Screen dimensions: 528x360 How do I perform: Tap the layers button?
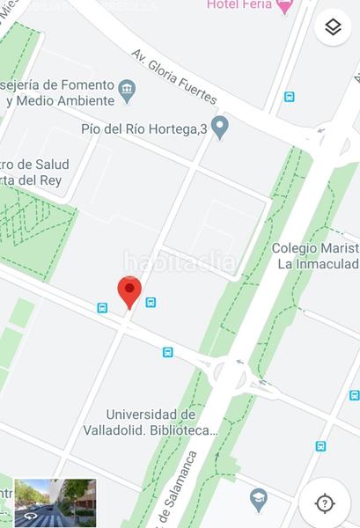click(x=332, y=27)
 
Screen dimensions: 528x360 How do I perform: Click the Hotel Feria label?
click(x=238, y=5)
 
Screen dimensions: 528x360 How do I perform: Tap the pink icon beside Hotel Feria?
click(x=283, y=6)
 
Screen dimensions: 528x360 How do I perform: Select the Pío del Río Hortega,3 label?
click(x=143, y=128)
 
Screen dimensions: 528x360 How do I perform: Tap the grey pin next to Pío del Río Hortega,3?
click(x=220, y=127)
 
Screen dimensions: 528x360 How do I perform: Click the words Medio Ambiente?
click(x=62, y=100)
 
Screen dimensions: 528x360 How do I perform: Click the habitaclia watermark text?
click(x=180, y=261)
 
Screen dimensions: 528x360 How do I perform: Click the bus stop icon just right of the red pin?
click(x=151, y=302)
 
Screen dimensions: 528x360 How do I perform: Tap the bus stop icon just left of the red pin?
click(x=102, y=308)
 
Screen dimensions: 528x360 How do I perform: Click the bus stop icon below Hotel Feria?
click(x=289, y=97)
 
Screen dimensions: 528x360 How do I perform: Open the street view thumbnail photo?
click(x=55, y=502)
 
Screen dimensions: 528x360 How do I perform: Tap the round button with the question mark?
click(x=325, y=503)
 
